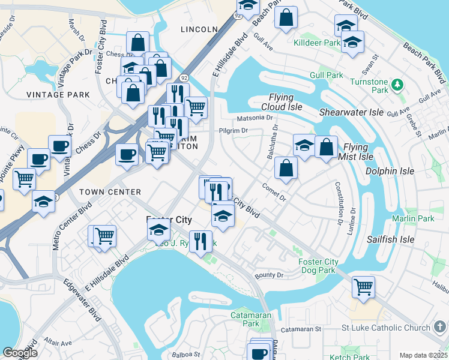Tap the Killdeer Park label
pos(316,43)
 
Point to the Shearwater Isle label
pos(351,112)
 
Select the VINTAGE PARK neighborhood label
pos(58,95)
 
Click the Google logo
pos(20,352)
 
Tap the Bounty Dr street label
pos(268,275)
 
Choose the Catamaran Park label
pos(251,319)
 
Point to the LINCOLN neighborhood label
pos(199,29)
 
